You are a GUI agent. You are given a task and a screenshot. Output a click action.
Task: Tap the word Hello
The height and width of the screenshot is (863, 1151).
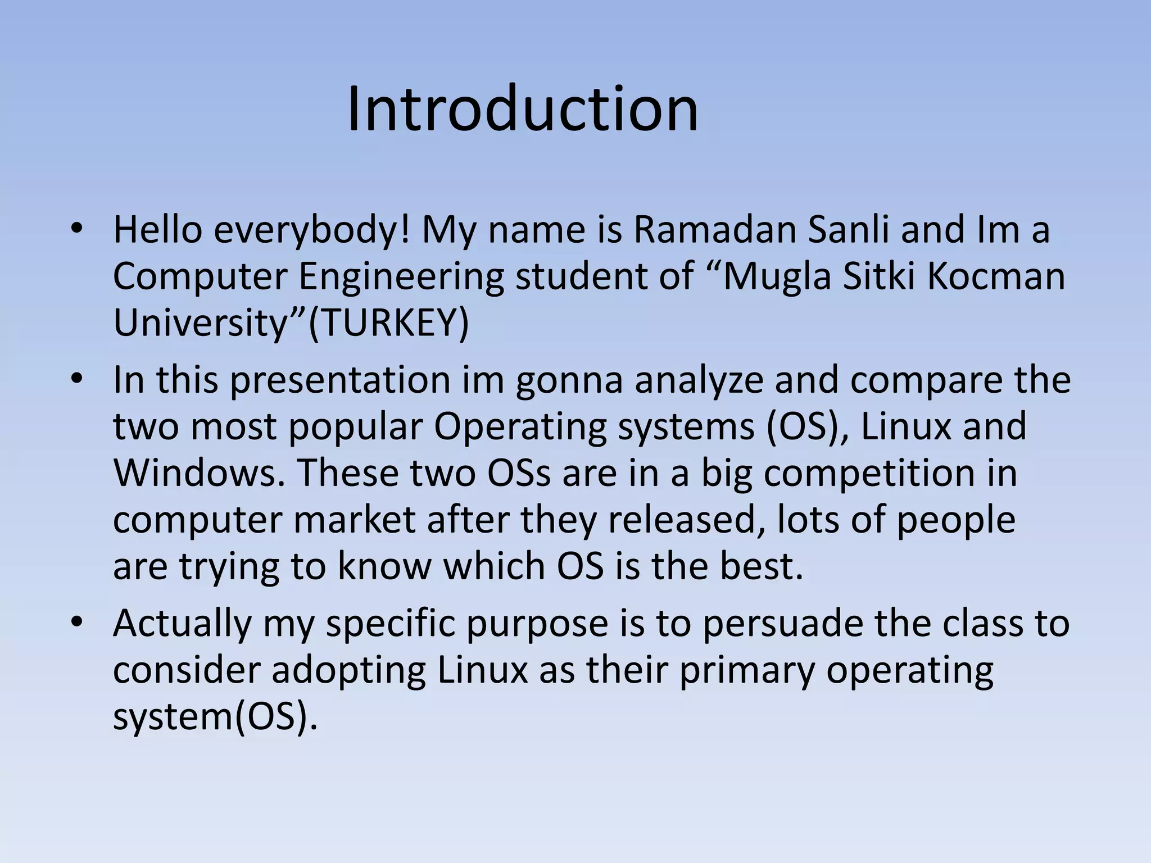tap(157, 230)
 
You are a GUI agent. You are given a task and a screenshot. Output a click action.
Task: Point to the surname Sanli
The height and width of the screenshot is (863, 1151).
tap(848, 230)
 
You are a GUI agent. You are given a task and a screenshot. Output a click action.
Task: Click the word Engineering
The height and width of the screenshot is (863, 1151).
tap(401, 278)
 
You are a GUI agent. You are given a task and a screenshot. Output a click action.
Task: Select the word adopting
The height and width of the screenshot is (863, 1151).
tap(348, 671)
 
